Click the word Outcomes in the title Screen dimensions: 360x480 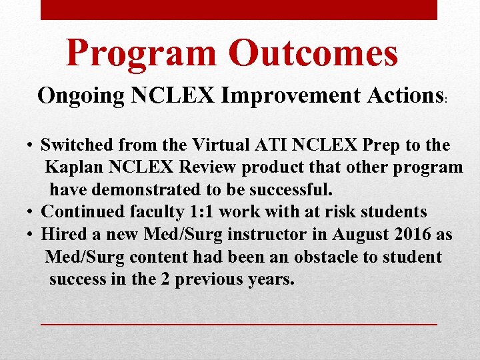313,53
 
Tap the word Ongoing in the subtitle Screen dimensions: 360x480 81,96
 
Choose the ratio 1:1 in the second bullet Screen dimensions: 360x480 197,212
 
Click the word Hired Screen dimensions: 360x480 62,235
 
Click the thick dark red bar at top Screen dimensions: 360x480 239,9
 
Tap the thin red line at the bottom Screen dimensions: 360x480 239,323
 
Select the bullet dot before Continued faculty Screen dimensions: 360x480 31,213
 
